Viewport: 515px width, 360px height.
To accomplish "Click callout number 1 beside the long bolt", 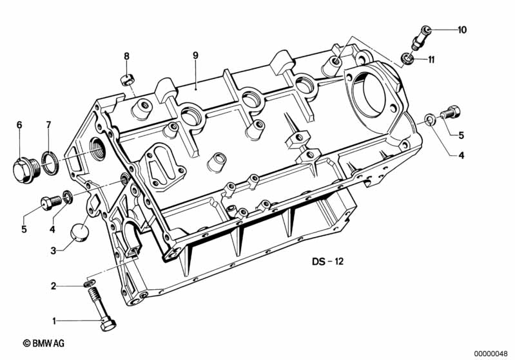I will pos(55,320).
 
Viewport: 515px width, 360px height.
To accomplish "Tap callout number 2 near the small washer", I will pos(55,285).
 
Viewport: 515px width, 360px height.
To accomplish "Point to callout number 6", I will pos(19,124).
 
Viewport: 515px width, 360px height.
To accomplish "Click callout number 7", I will pos(48,124).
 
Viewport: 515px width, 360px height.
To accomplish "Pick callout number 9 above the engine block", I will pos(195,55).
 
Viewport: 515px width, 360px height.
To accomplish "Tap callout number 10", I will pos(462,30).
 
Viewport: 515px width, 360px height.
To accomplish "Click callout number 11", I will pos(431,60).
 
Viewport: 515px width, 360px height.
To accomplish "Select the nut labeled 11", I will pos(407,59).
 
